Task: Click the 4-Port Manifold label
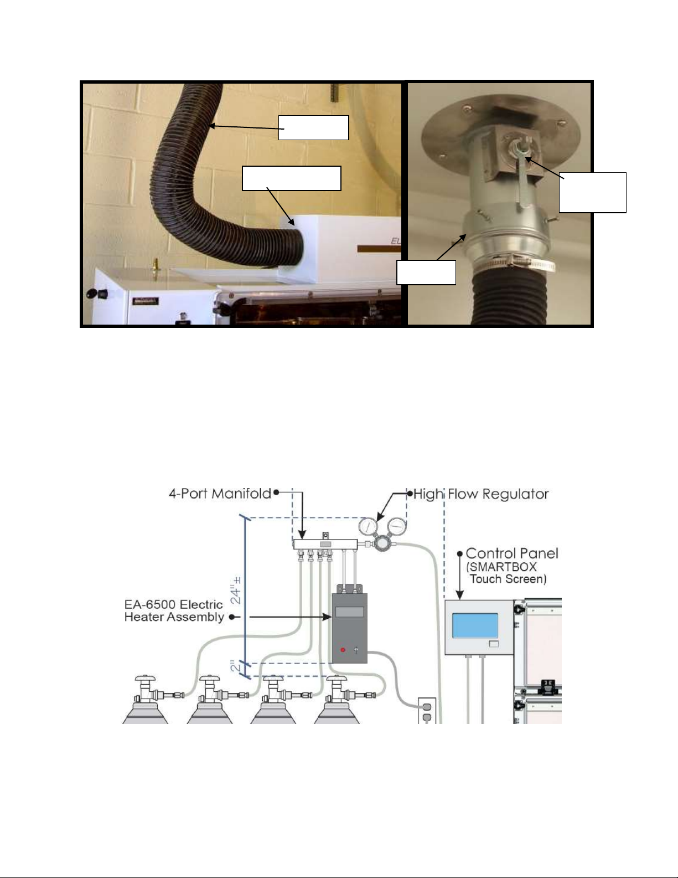(220, 494)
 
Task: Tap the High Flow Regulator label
(481, 494)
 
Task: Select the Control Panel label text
(512, 553)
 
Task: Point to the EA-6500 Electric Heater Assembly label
(174, 610)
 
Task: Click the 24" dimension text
(236, 591)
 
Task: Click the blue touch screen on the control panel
(475, 625)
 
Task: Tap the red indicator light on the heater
(343, 650)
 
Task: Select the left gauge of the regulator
(368, 527)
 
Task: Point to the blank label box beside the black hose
(314, 127)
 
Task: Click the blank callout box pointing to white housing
(291, 178)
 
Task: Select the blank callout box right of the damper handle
(592, 192)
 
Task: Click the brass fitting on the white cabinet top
(153, 265)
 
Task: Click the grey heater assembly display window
(349, 612)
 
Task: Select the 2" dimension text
(235, 666)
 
